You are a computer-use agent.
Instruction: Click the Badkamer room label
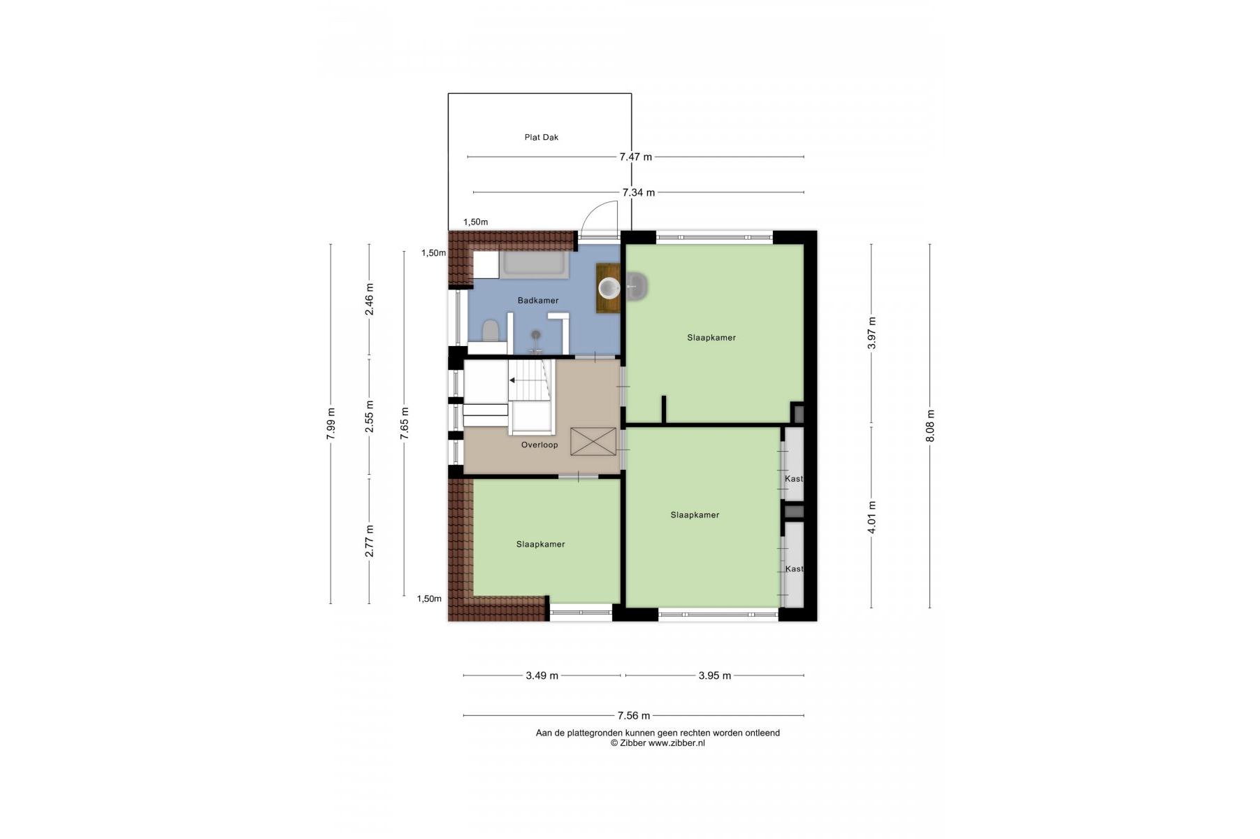(537, 301)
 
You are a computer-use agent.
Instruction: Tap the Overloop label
(540, 445)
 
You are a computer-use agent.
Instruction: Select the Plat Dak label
(542, 138)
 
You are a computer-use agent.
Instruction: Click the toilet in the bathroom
(491, 331)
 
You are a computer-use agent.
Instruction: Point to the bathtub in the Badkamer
(535, 265)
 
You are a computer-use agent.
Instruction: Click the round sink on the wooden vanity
(609, 287)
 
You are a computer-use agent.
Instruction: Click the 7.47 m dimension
(635, 157)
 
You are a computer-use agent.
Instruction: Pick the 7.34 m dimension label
(639, 193)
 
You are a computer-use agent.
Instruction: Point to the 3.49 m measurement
(542, 676)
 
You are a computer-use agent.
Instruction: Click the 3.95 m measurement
(714, 676)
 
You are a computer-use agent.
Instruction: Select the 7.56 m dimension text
(634, 716)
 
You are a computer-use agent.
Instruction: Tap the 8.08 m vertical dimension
(929, 426)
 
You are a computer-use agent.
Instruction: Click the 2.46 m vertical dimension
(370, 299)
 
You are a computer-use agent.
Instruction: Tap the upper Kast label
(794, 479)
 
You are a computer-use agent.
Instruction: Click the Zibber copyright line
(658, 743)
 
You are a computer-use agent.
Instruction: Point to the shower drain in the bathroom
(536, 334)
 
